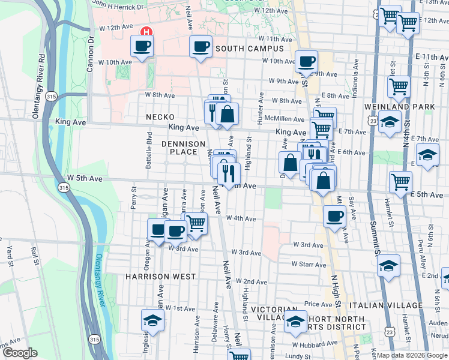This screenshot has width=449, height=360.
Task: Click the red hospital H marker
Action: click(x=145, y=31)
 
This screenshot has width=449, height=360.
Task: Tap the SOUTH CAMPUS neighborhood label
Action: click(x=249, y=49)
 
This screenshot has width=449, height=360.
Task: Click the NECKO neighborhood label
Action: click(x=159, y=117)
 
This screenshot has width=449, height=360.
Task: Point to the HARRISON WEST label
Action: click(x=160, y=277)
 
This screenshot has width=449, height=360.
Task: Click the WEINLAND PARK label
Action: click(x=391, y=106)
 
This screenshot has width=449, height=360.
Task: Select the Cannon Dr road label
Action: click(x=91, y=55)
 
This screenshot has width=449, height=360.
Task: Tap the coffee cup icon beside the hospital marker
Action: click(x=142, y=46)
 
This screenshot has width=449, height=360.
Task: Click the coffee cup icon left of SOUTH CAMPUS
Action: click(x=200, y=46)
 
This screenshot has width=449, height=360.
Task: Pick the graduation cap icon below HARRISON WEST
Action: click(x=152, y=320)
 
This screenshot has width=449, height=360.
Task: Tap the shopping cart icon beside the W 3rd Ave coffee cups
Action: click(x=196, y=223)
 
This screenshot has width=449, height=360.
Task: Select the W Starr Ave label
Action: click(x=309, y=264)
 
